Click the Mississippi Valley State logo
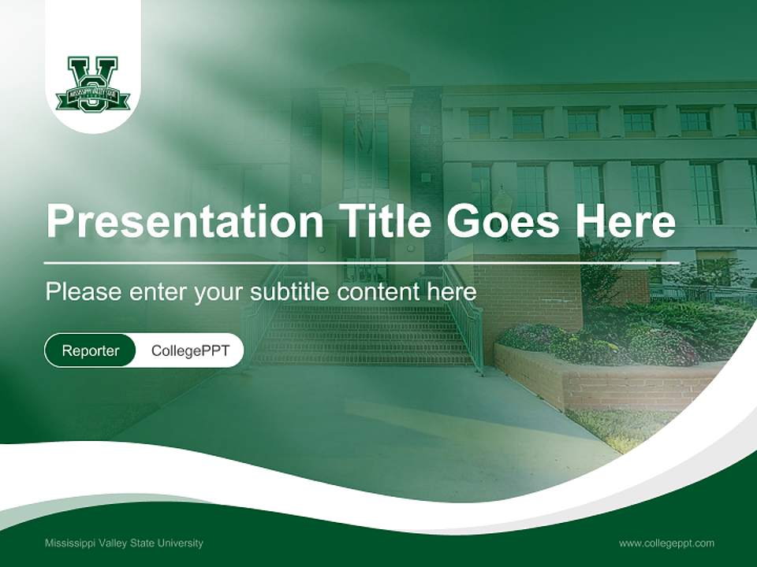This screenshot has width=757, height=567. (92, 83)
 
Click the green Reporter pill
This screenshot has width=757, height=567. (90, 350)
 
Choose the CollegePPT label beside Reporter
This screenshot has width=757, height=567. (190, 350)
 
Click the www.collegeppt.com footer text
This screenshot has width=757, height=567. (666, 543)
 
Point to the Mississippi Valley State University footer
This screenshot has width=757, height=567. (124, 543)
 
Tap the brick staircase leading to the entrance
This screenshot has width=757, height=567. (363, 335)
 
